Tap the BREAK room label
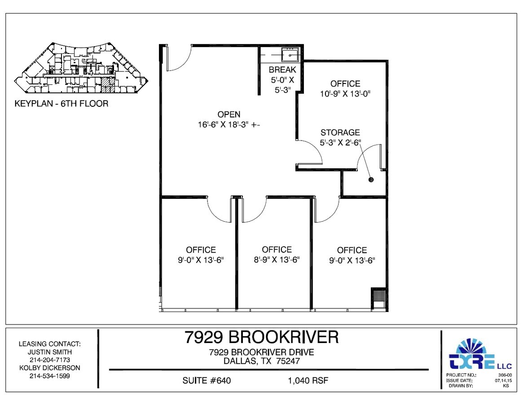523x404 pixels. tap(282, 70)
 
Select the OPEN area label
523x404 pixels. tap(229, 114)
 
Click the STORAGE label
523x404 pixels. tap(340, 133)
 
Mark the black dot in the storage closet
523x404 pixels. tap(371, 180)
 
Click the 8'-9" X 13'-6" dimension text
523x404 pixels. tap(277, 260)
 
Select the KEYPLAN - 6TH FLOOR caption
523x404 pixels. tap(62, 104)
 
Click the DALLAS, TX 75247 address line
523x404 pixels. tap(262, 361)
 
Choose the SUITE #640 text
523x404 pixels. tap(207, 381)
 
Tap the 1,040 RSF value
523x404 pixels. tap(308, 381)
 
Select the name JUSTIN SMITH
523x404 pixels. tap(49, 352)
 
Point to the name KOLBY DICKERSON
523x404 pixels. tap(49, 368)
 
